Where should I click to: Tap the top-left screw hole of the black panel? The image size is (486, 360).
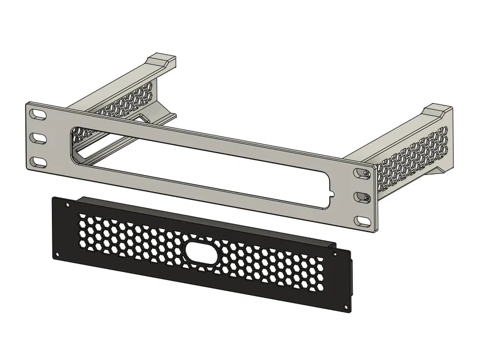click(x=67, y=205)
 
